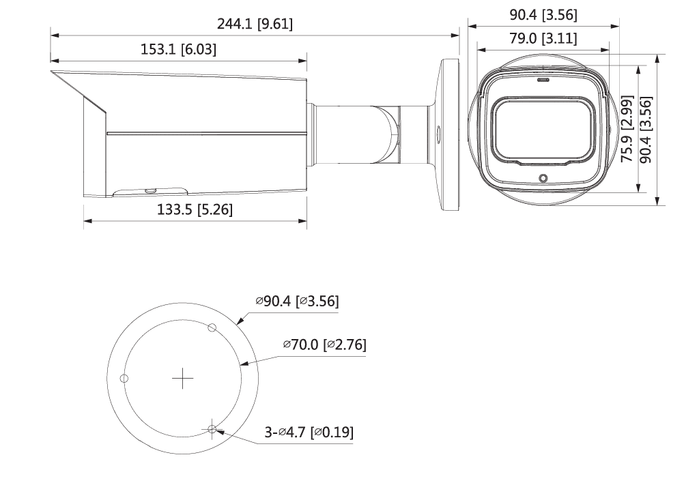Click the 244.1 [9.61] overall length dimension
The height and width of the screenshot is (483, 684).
coord(255,24)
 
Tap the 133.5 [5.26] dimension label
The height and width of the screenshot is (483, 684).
coord(195,210)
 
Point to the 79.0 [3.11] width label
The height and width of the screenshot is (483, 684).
coord(543,39)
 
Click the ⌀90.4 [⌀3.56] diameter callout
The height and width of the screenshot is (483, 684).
coord(297,301)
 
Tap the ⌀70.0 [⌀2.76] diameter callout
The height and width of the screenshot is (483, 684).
coord(324,345)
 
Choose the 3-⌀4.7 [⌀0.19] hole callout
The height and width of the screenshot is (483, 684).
coord(309,432)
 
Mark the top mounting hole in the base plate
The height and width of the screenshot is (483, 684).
coord(212,327)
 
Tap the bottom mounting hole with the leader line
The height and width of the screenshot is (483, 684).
coord(212,428)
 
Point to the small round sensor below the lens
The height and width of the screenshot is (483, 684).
coord(543,179)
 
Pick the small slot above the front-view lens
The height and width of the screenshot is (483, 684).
coord(543,79)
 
